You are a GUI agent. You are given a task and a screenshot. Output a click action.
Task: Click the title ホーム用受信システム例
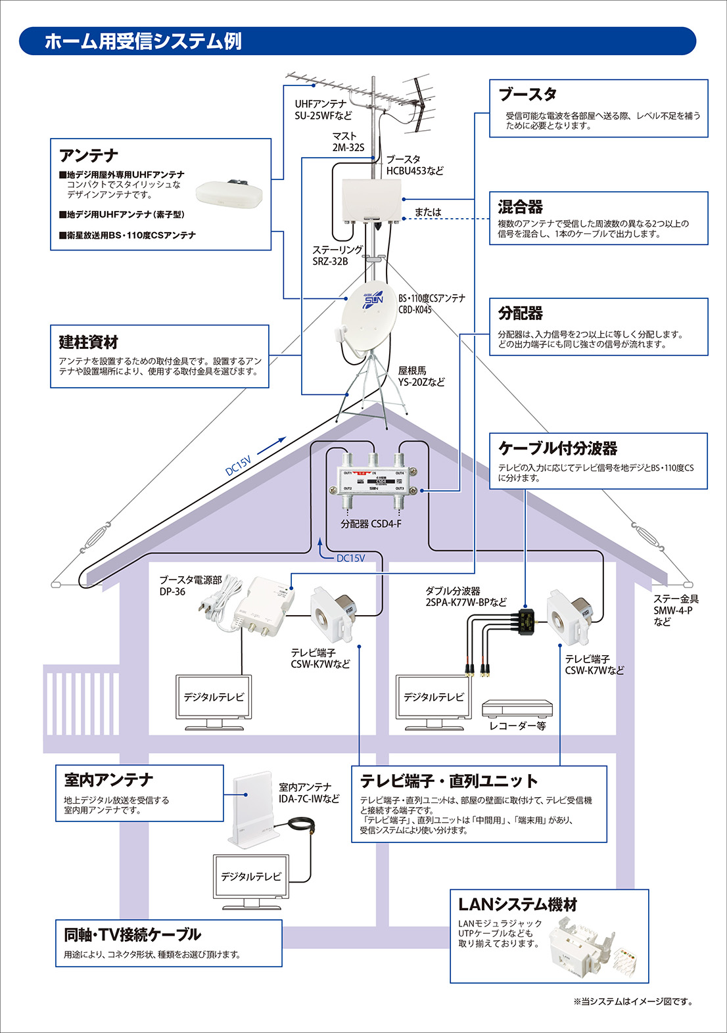pyautogui.click(x=143, y=41)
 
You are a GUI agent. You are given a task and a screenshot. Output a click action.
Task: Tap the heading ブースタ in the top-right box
pyautogui.click(x=527, y=95)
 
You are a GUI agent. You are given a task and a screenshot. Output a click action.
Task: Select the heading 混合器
pyautogui.click(x=520, y=207)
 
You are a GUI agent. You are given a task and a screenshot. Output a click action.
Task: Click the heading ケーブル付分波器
pyautogui.click(x=557, y=448)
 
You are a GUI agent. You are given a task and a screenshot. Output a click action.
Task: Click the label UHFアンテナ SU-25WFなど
pyautogui.click(x=323, y=110)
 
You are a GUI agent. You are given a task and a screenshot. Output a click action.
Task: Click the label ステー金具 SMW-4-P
pyautogui.click(x=675, y=610)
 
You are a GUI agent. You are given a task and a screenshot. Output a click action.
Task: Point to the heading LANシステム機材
pyautogui.click(x=517, y=905)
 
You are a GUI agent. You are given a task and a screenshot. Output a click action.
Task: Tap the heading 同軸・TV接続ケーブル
pyautogui.click(x=132, y=934)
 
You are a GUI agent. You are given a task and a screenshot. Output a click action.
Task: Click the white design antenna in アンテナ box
pyautogui.click(x=229, y=193)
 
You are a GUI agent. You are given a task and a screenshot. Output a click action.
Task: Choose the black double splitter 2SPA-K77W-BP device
pyautogui.click(x=526, y=620)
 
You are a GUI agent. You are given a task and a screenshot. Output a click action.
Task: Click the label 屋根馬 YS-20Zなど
pyautogui.click(x=421, y=376)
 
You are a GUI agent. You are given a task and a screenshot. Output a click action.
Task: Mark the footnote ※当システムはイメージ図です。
pyautogui.click(x=632, y=1001)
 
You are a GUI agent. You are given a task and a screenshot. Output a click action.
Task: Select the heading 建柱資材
pyautogui.click(x=88, y=342)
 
